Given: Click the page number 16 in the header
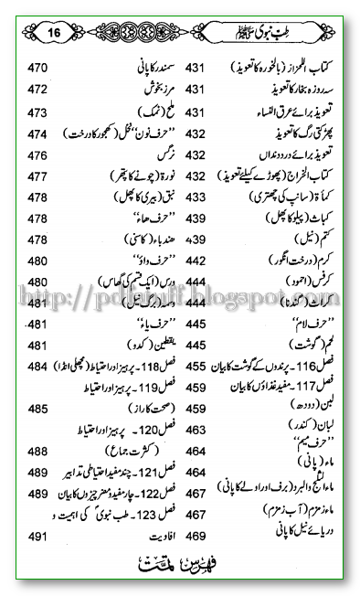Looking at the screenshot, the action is click(x=54, y=32).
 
